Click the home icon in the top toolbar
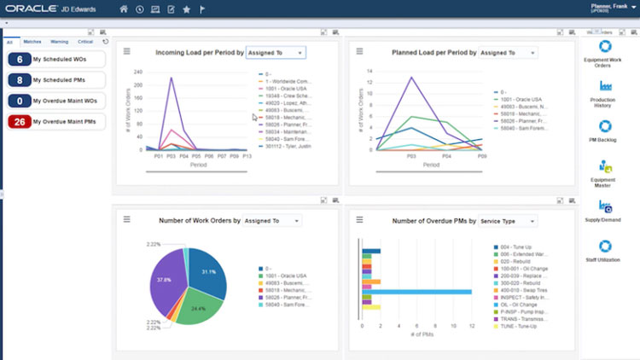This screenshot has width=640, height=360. pos(124,9)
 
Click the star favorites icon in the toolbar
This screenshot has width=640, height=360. pos(187,9)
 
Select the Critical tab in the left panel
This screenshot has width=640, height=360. pos(85,41)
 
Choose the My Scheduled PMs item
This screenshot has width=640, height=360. pos(67,80)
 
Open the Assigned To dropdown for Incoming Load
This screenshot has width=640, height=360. pos(275,53)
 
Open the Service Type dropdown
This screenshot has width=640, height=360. pos(508,221)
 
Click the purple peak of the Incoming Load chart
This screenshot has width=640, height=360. pos(172,79)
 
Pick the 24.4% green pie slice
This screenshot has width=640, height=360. pos(198,306)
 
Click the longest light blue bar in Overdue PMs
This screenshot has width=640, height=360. pos(416,292)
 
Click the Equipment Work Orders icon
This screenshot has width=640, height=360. pos(607,46)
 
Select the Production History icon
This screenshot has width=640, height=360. pos(607,86)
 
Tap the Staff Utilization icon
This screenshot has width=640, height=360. pos(607,244)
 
